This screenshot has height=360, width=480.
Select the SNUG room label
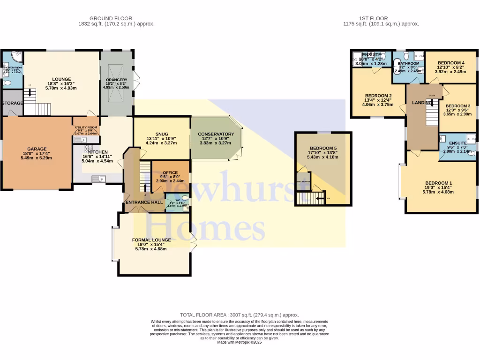click(x=162, y=134)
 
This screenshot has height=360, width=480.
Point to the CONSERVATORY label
click(x=216, y=134)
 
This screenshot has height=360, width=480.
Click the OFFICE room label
click(x=170, y=172)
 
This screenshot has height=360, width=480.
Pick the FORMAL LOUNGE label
click(x=151, y=240)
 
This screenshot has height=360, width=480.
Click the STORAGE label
click(x=13, y=103)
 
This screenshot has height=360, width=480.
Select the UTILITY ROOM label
click(x=86, y=127)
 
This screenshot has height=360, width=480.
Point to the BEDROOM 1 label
click(x=439, y=183)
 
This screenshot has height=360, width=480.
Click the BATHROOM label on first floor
click(x=408, y=63)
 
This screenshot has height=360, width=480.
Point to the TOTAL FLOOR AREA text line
click(x=240, y=315)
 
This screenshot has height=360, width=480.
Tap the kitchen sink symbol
click(x=99, y=178)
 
